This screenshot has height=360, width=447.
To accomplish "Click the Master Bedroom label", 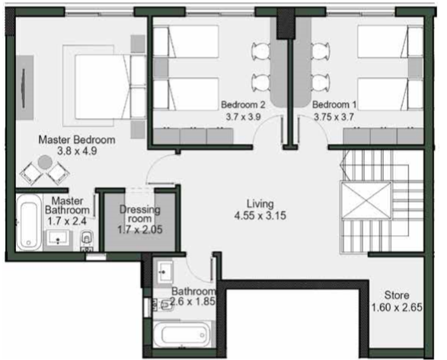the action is click(x=77, y=140).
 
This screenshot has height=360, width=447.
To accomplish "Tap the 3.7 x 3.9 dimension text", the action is click(x=243, y=116).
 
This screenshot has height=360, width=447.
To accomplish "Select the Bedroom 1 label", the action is click(x=334, y=104).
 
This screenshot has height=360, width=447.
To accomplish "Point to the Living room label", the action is click(x=260, y=204).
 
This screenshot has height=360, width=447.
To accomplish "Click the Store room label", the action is click(x=397, y=295).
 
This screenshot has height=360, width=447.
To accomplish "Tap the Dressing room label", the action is click(x=139, y=214).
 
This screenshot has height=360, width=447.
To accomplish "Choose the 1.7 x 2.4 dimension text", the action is click(x=67, y=221).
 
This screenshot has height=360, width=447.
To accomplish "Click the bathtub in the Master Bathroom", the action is click(x=29, y=222).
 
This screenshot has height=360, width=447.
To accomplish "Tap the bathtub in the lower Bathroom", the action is click(x=183, y=334).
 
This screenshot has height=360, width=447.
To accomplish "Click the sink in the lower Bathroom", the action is click(x=164, y=272).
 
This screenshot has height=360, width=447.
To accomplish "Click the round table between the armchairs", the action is click(x=45, y=162).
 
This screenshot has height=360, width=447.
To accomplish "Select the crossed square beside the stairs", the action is click(x=366, y=200).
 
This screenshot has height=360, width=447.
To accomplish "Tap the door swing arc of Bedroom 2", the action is click(x=260, y=124).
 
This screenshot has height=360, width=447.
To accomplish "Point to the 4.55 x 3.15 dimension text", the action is click(x=260, y=215).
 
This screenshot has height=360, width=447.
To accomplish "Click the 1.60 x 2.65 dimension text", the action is click(x=397, y=307).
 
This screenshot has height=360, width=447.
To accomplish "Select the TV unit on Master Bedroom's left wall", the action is click(x=24, y=88).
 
